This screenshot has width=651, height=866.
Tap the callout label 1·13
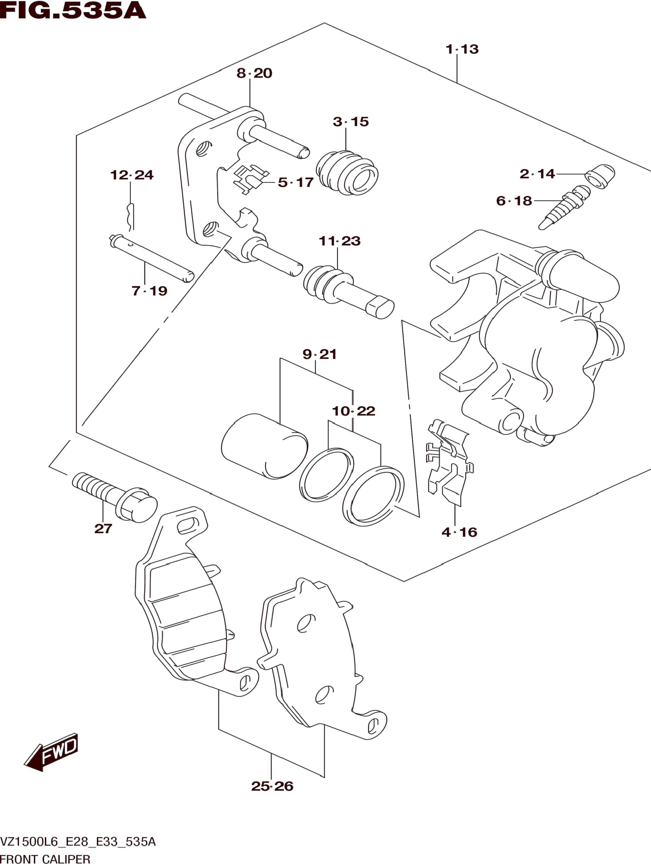(462, 49)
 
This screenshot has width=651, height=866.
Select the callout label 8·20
(254, 73)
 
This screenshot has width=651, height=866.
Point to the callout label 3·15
(351, 122)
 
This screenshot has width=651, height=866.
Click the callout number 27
(103, 529)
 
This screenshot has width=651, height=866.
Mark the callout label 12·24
(132, 175)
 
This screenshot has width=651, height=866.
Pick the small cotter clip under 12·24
(130, 217)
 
